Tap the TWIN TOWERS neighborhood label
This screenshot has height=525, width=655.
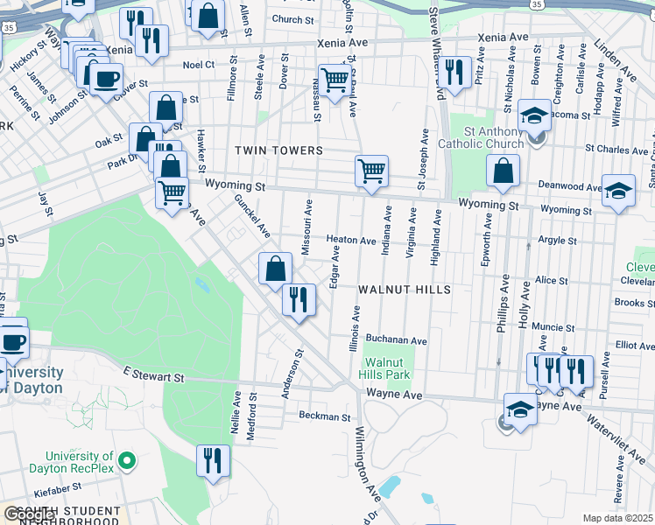click(279, 150)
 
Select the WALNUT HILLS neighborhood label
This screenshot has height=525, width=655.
click(404, 290)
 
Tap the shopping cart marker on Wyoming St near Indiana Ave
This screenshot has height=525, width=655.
click(372, 171)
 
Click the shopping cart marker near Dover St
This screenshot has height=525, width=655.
click(335, 80)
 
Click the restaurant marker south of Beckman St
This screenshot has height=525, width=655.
click(213, 460)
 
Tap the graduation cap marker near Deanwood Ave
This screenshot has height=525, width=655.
click(618, 192)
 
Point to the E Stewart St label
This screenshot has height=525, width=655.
click(153, 376)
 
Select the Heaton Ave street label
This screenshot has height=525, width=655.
click(351, 240)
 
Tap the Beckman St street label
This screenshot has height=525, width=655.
click(324, 416)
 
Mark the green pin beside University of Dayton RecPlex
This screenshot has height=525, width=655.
click(127, 459)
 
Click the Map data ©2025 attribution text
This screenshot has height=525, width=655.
click(617, 518)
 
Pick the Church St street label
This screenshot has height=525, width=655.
click(292, 19)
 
